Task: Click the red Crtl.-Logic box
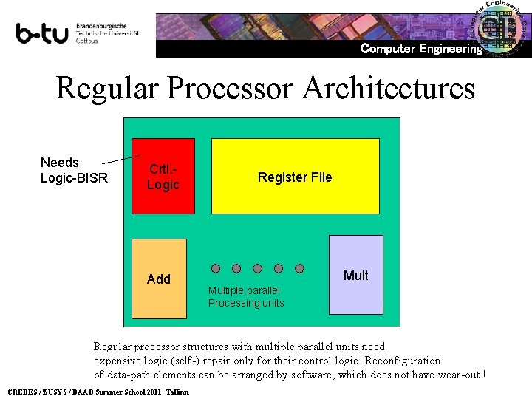(163, 177)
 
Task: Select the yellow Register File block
(295, 177)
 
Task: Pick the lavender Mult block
(356, 275)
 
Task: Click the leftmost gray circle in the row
(216, 268)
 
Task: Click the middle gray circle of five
(258, 268)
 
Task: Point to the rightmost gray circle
(300, 268)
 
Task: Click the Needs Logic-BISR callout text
(74, 170)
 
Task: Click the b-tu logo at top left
(42, 34)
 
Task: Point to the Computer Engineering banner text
(420, 49)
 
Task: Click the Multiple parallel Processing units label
(246, 297)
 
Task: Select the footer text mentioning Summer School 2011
(98, 391)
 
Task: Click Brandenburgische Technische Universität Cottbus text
(107, 33)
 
